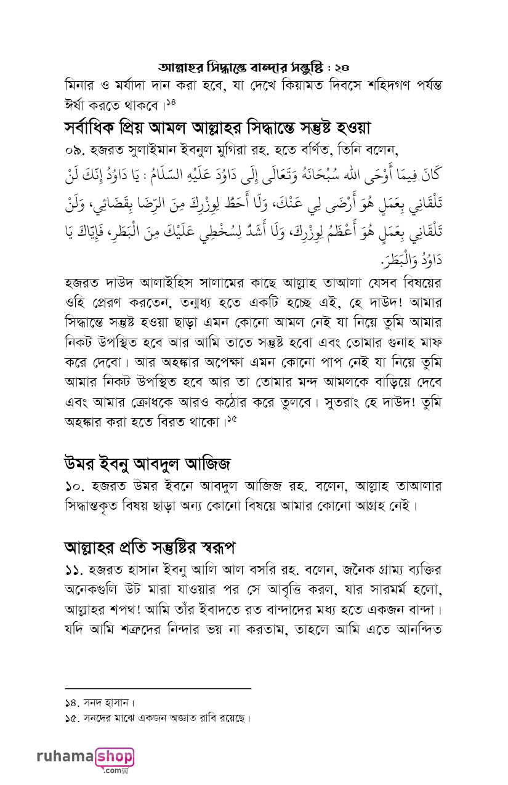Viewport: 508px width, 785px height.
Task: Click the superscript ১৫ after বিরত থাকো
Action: tap(232, 419)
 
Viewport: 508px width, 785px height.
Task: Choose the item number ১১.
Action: tap(74, 569)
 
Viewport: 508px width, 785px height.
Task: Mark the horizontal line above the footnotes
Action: tap(158, 688)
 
